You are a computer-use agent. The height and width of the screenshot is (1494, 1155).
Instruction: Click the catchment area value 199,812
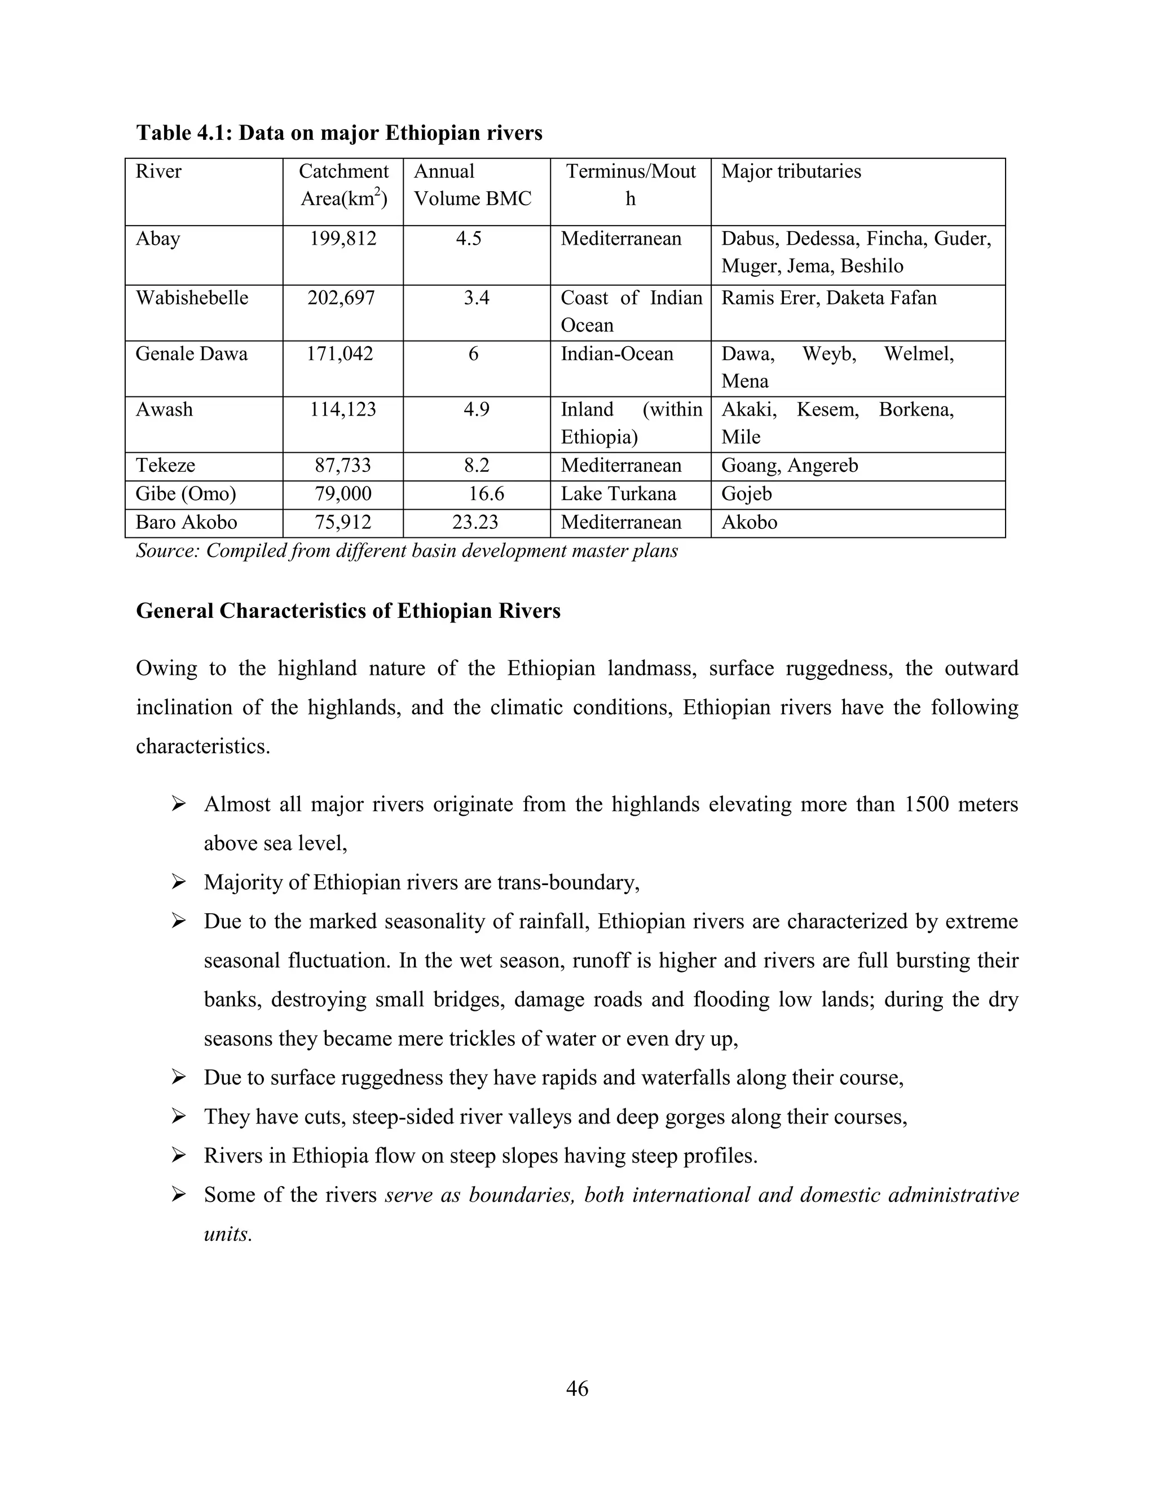[343, 238]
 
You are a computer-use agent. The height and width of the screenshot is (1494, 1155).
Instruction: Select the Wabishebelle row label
[192, 298]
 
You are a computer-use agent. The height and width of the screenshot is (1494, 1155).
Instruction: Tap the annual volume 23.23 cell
[475, 523]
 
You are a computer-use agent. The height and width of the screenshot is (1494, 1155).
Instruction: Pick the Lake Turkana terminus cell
[618, 494]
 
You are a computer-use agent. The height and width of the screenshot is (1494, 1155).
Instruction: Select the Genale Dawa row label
[192, 355]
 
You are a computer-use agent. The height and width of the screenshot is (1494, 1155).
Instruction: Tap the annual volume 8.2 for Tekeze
[476, 466]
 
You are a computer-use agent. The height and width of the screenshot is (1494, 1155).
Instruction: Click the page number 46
[577, 1389]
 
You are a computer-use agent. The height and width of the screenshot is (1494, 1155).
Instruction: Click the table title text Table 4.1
[184, 132]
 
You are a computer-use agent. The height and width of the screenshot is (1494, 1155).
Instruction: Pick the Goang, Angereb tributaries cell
[789, 466]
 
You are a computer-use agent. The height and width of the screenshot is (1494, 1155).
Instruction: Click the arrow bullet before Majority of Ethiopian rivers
[179, 883]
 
